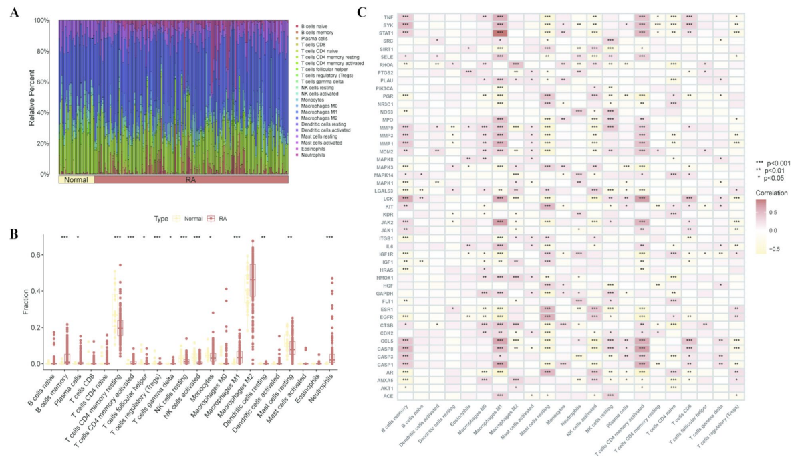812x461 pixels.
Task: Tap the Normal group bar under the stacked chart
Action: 76,180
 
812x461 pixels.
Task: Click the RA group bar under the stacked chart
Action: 190,180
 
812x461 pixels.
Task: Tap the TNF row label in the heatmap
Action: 388,16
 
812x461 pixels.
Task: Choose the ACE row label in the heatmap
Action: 388,395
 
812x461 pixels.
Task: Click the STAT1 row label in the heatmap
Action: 386,32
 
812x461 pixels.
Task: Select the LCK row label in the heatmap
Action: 388,199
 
